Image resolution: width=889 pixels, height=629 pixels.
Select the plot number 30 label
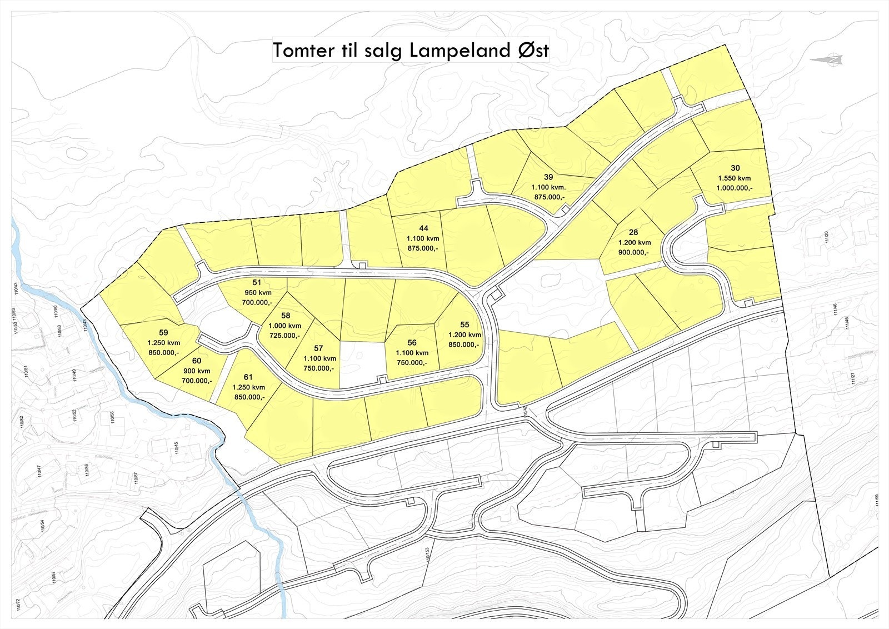(x=735, y=168)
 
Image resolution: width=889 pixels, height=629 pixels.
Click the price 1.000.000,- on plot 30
(x=735, y=188)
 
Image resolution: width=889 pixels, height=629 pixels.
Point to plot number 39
(x=548, y=177)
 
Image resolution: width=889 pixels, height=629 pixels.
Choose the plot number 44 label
(x=424, y=228)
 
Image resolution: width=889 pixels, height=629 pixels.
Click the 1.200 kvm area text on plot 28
(x=634, y=242)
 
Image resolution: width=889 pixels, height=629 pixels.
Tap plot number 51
(x=256, y=282)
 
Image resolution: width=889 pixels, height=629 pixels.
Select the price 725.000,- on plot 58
(x=284, y=336)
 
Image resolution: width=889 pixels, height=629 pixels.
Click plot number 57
(x=318, y=348)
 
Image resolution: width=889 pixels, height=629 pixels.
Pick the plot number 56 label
(x=412, y=343)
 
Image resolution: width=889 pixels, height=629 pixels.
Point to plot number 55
(x=465, y=325)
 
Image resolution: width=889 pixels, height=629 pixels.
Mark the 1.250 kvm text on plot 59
(x=163, y=342)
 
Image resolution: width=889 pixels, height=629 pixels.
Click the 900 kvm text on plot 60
(x=197, y=371)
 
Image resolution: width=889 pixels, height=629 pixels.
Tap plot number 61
(x=248, y=377)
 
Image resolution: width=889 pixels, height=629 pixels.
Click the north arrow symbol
(x=826, y=59)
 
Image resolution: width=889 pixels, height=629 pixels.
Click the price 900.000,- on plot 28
(x=634, y=252)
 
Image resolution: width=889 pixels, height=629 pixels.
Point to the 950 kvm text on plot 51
(x=257, y=292)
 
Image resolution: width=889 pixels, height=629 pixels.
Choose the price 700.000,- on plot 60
(x=197, y=381)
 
